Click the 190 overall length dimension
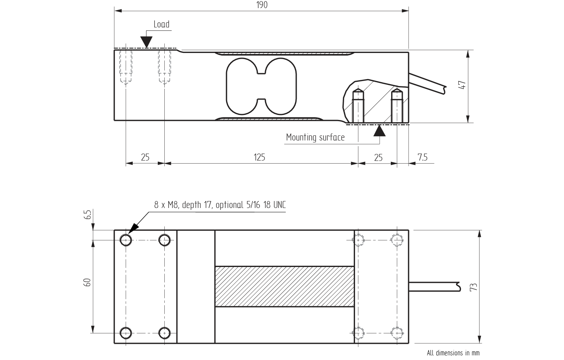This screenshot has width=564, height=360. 262,5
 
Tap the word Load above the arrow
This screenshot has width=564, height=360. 161,24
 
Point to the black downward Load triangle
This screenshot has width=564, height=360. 146,42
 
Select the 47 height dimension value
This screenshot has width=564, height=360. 463,85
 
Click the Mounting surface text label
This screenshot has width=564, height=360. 315,138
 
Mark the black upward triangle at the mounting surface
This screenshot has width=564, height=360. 380,131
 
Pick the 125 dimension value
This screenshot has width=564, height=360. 259,157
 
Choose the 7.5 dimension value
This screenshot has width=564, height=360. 422,157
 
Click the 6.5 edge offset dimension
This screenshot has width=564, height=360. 88,215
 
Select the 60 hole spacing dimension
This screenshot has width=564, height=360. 88,282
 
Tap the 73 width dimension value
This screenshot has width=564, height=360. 474,287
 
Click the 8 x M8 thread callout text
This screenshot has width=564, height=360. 220,205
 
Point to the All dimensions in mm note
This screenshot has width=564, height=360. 453,353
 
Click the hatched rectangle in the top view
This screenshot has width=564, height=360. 284,286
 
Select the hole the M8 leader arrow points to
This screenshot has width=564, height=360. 126,240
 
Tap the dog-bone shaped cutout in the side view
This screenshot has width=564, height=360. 261,86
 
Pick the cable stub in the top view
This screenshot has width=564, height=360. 434,287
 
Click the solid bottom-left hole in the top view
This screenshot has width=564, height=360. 126,333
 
